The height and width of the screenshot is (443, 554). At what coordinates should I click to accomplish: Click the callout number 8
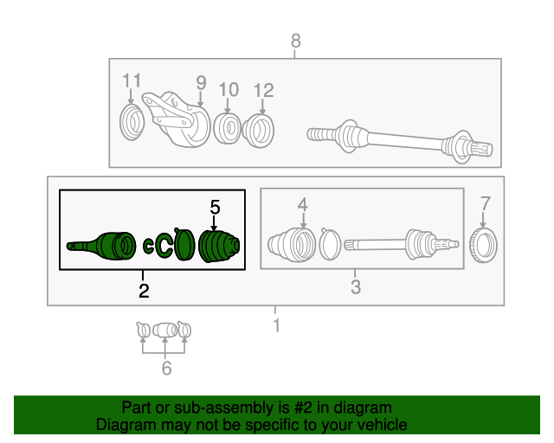tap(295, 40)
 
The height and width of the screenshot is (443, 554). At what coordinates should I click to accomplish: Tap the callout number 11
tap(131, 81)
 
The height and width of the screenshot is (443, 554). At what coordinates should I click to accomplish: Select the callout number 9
tap(201, 83)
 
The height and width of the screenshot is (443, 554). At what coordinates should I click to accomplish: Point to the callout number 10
tap(229, 89)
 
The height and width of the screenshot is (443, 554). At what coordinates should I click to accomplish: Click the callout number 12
tap(263, 89)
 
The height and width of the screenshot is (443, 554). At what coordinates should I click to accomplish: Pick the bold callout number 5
tap(215, 207)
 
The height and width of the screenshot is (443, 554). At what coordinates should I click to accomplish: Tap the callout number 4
tap(303, 204)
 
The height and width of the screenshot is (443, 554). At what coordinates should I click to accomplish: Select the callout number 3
tap(355, 287)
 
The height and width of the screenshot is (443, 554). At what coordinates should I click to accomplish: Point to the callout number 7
tap(485, 204)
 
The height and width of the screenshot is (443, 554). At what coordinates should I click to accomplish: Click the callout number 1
tap(276, 325)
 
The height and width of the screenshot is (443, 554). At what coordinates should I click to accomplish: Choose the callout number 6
tap(166, 369)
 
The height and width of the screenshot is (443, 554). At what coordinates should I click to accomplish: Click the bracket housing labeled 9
tap(180, 119)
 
